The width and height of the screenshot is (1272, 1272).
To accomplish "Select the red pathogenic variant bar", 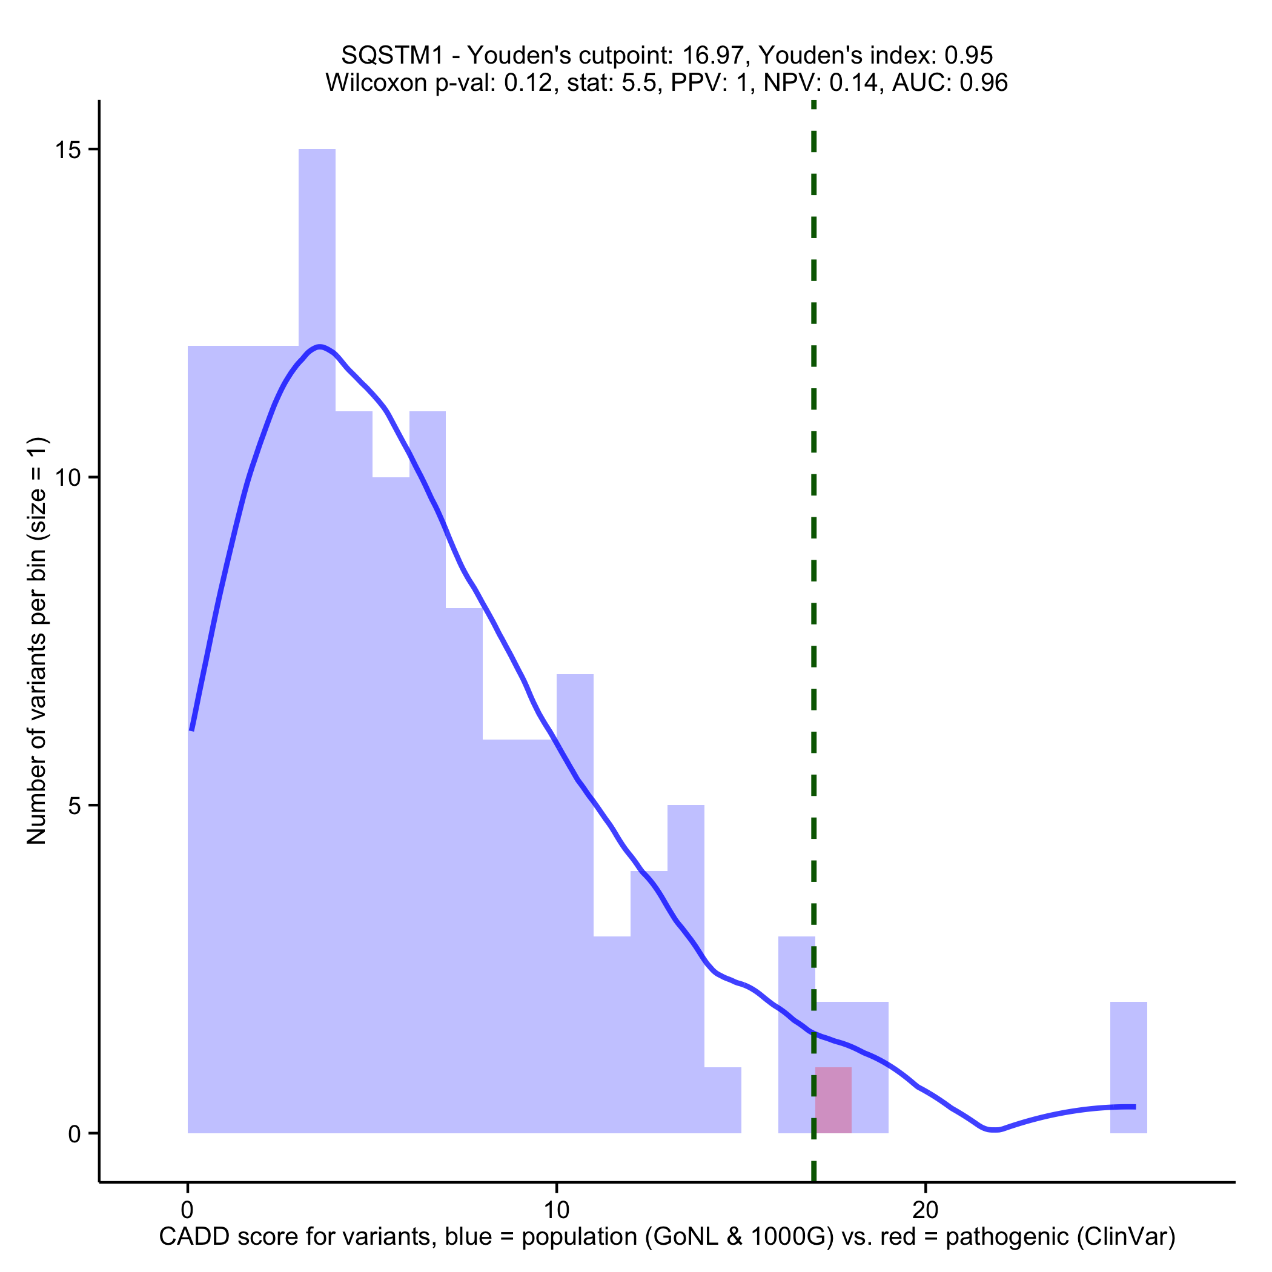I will click(833, 1099).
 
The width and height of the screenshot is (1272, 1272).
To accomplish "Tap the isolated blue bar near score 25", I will click(1128, 1067).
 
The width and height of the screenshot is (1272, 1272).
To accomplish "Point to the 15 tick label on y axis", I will click(67, 150).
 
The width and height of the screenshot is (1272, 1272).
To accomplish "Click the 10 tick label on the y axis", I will click(67, 478).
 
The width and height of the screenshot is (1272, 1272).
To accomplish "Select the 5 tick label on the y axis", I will click(74, 806).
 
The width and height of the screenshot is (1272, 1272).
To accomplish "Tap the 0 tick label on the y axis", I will click(74, 1134).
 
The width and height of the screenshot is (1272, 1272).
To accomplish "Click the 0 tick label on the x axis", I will click(188, 1210).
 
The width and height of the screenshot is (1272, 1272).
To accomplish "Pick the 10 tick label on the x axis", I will click(556, 1210).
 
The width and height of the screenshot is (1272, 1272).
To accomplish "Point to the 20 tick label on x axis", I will click(925, 1210).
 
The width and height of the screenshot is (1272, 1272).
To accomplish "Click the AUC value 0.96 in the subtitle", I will click(984, 83).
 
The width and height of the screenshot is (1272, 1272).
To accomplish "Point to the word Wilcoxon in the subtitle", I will click(376, 83).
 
